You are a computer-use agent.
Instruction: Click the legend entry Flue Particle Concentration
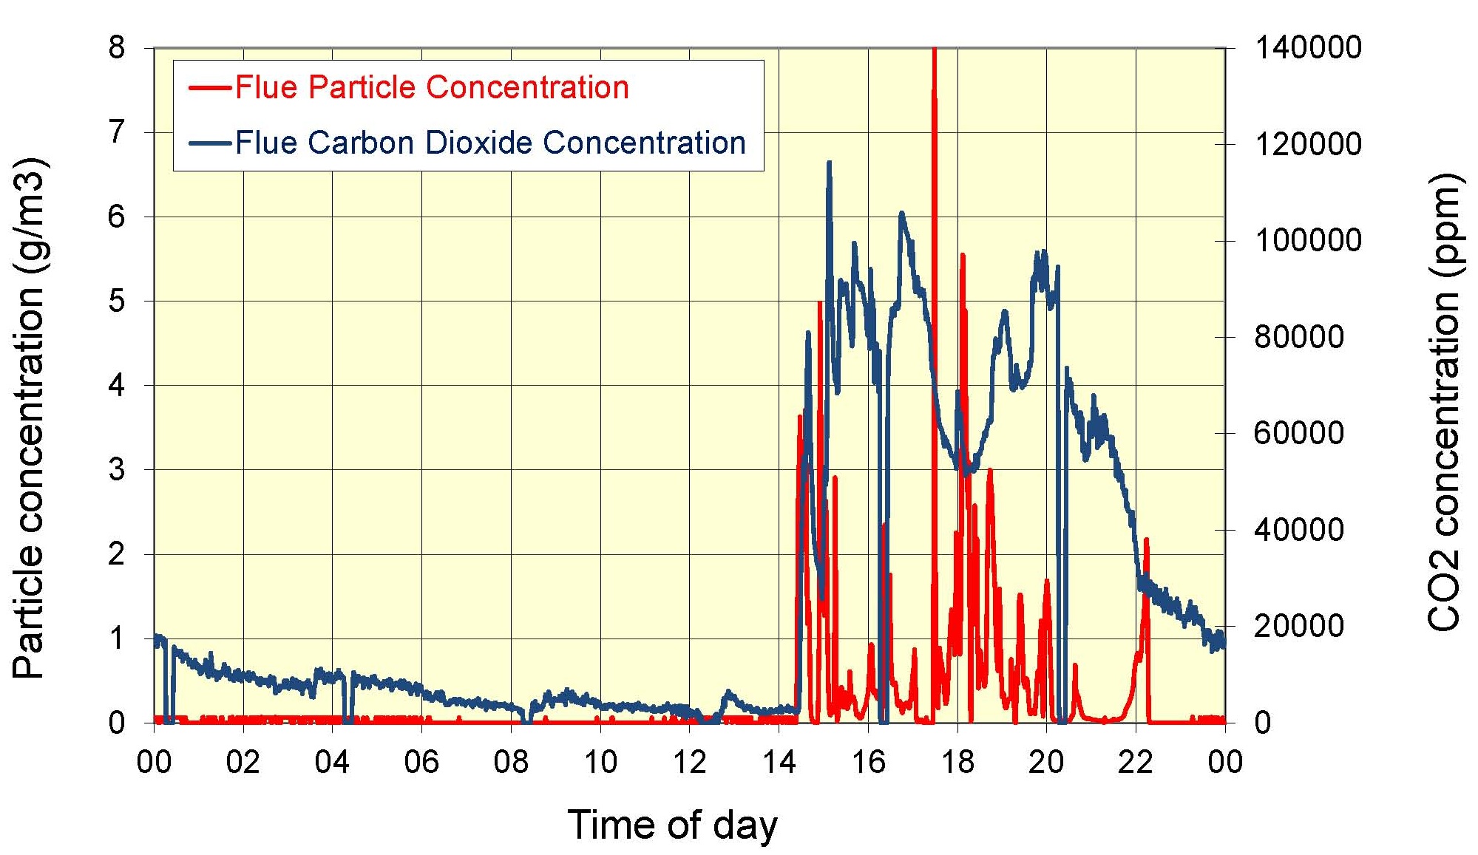click(x=432, y=87)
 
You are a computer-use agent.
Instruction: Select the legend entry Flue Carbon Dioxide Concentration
click(x=490, y=143)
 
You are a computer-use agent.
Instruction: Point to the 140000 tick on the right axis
click(x=1307, y=47)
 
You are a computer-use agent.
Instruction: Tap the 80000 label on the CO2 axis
click(x=1298, y=337)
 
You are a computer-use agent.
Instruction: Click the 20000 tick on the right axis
click(x=1298, y=626)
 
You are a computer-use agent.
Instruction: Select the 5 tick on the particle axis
click(x=117, y=301)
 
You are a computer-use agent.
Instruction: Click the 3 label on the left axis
click(x=117, y=469)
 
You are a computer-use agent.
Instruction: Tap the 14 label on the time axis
click(x=779, y=761)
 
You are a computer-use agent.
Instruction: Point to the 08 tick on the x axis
click(x=511, y=761)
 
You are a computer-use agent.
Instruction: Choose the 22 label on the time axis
click(x=1136, y=761)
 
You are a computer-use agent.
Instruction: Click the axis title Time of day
click(x=672, y=825)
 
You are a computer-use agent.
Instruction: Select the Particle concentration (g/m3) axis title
click(x=30, y=418)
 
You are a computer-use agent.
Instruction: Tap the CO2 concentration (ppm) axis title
click(x=1443, y=403)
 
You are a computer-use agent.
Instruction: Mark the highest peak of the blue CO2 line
click(x=829, y=162)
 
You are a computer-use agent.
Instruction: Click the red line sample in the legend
click(x=210, y=88)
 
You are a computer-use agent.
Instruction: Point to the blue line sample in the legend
click(x=210, y=143)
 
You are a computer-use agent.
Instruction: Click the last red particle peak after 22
click(x=1146, y=539)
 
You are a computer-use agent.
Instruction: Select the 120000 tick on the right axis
click(x=1307, y=144)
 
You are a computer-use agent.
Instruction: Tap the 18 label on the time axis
click(x=957, y=761)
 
